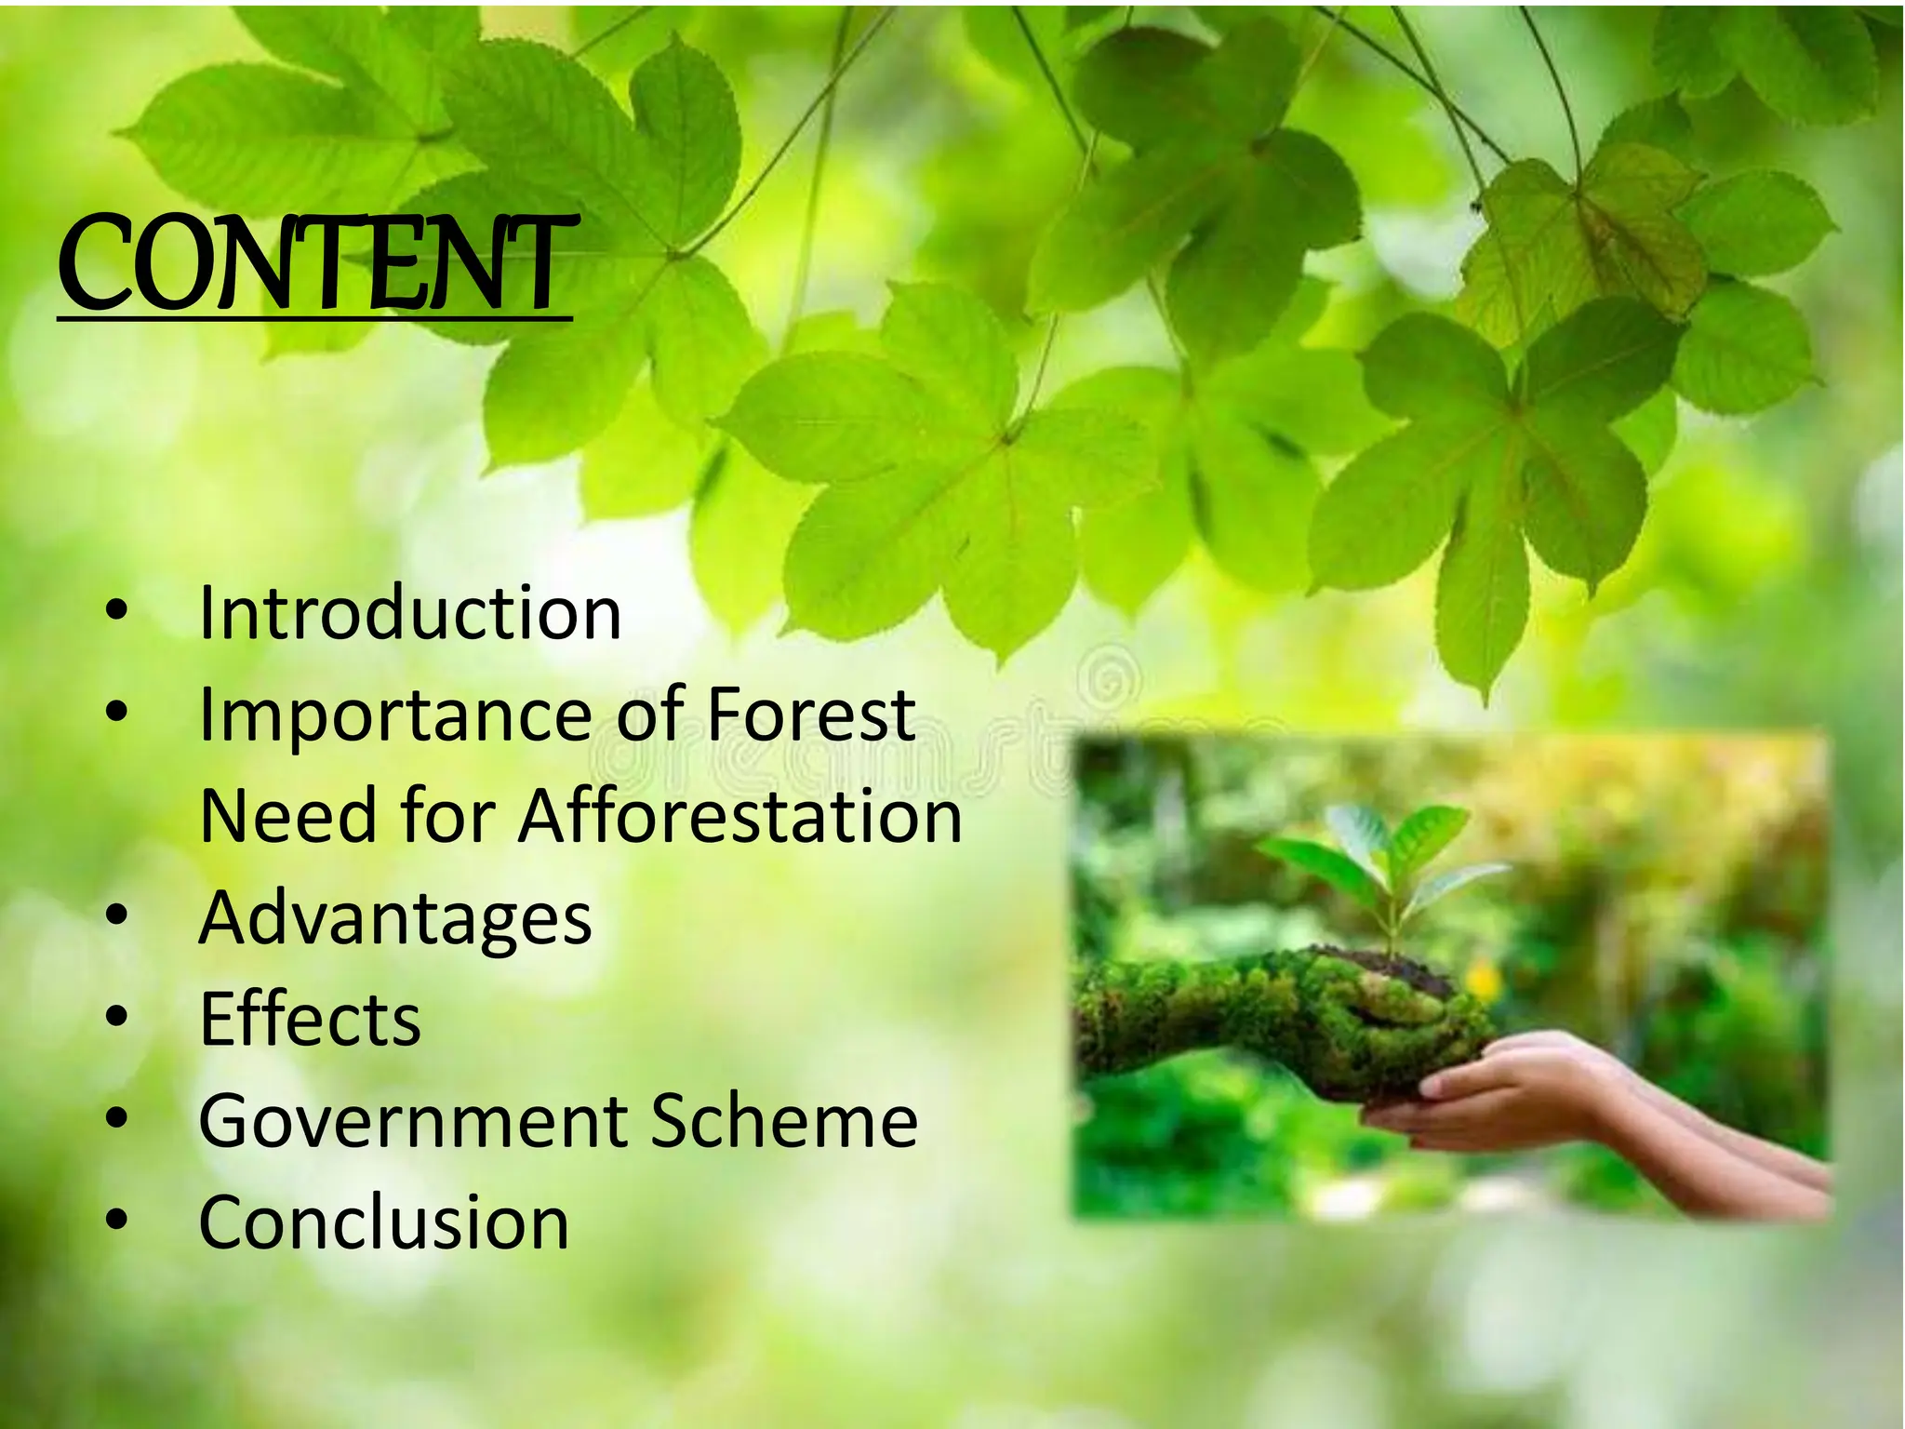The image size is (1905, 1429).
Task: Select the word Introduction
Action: click(x=410, y=614)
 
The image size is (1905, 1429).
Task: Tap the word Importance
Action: click(x=395, y=716)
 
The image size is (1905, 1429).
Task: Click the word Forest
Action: click(x=810, y=714)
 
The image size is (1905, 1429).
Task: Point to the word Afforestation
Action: click(x=739, y=816)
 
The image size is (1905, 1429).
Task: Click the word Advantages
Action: click(x=395, y=918)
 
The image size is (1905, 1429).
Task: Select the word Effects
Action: click(x=310, y=1019)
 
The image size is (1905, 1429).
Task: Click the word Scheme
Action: click(x=783, y=1121)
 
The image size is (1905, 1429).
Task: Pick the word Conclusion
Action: click(x=383, y=1222)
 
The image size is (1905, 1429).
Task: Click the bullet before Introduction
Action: click(x=116, y=612)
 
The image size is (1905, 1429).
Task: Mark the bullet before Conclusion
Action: click(x=116, y=1220)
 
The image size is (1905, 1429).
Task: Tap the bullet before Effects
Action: click(x=116, y=1017)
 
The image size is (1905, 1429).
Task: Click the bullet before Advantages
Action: click(x=116, y=915)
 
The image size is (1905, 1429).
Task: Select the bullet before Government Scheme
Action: click(x=116, y=1118)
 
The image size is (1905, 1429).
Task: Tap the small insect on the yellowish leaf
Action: click(x=1476, y=206)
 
